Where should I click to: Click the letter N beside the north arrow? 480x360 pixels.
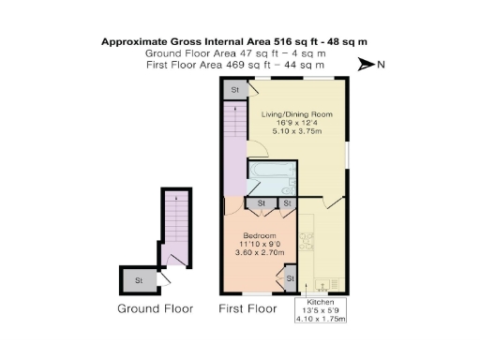point(381,65)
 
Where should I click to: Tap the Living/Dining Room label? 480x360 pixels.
point(295,112)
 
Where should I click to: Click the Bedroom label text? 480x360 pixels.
point(258,234)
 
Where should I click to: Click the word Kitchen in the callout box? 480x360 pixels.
point(321,303)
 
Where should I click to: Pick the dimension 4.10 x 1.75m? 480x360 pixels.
point(321,319)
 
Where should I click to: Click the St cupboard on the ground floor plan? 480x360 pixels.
point(139,279)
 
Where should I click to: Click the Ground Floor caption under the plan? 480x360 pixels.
point(155,308)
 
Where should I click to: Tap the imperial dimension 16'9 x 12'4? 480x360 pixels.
point(295,123)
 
